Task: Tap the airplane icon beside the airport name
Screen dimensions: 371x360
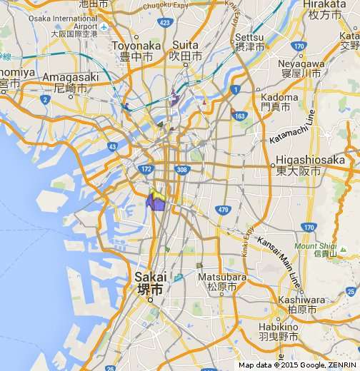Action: point(104,27)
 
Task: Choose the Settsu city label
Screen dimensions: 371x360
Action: point(249,41)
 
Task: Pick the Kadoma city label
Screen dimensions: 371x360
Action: point(279,101)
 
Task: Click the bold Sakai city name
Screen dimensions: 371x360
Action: point(150,283)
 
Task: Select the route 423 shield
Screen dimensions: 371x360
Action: point(165,23)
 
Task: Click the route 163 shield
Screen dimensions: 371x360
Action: point(239,116)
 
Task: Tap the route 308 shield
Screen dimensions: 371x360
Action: point(181,169)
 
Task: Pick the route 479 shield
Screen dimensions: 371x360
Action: point(223,209)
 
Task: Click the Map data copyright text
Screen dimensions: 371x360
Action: point(298,365)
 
